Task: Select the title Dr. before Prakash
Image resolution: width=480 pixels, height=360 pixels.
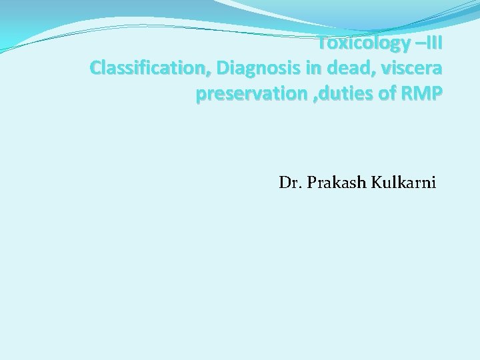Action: tap(291, 182)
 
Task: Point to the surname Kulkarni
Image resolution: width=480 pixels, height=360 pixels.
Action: tap(403, 182)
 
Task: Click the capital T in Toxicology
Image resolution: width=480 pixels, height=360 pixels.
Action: tap(322, 44)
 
